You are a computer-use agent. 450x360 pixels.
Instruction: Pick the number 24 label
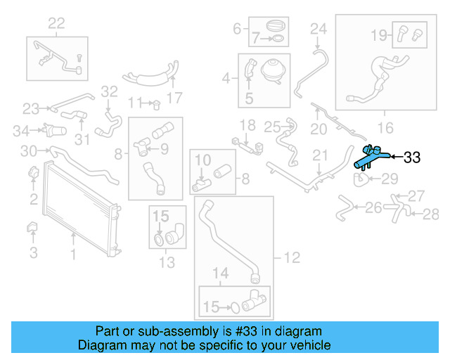319,29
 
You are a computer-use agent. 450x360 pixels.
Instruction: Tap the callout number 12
291,258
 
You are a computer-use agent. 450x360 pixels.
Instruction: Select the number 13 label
167,263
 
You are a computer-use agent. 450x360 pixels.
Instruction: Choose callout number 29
390,178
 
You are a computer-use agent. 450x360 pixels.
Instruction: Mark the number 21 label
321,155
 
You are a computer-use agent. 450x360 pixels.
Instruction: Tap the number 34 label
22,130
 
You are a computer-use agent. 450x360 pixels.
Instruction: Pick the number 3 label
33,251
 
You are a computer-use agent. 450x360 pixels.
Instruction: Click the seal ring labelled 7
276,38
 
